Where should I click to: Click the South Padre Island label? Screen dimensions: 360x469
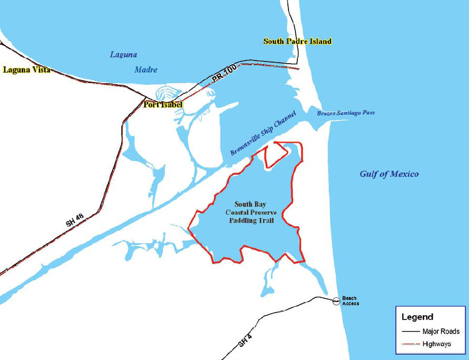point(297,41)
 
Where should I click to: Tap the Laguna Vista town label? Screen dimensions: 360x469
point(26,69)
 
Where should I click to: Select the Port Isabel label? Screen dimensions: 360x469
point(163,105)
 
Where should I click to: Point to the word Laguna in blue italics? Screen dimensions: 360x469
point(124,54)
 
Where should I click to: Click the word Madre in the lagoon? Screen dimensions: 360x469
point(146,69)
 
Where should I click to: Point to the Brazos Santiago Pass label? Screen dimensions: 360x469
point(345,113)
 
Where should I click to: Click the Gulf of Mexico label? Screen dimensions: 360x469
point(389,174)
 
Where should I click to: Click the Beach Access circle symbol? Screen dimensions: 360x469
point(335,302)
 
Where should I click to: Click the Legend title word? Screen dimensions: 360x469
point(417,317)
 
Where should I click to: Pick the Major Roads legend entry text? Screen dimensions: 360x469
point(441,332)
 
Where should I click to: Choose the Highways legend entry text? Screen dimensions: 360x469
point(437,344)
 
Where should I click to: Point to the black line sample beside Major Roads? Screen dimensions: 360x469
point(411,332)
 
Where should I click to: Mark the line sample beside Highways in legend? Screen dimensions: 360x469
point(411,344)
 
